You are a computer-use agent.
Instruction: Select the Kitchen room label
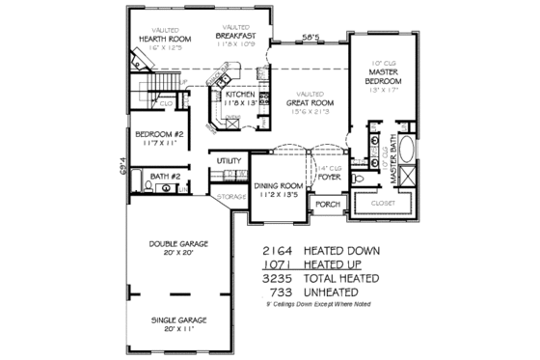[x=240, y=95]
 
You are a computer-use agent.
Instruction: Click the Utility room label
[x=229, y=160]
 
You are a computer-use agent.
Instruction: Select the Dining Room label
[x=278, y=186]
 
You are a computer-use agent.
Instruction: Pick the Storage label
[x=231, y=197]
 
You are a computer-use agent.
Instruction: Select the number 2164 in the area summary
[x=279, y=250]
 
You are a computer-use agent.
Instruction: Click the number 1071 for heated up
[x=279, y=263]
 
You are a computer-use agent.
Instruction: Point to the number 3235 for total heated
[x=279, y=278]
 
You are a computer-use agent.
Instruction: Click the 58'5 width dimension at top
[x=310, y=37]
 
